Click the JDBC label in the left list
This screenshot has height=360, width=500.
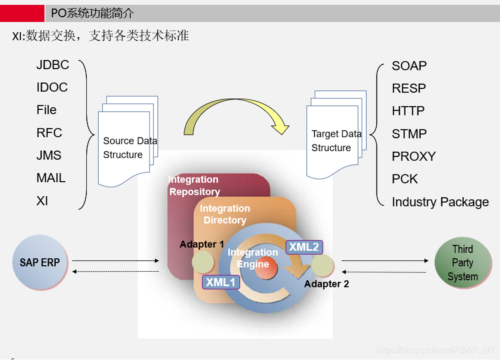[x=53, y=65]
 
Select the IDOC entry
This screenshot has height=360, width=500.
[x=52, y=87]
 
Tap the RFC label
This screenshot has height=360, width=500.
[x=49, y=133]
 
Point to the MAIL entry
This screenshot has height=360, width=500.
[x=51, y=178]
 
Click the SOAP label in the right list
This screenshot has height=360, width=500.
[x=409, y=66]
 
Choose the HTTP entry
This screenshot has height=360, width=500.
[x=408, y=111]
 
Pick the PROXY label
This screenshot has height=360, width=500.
[x=413, y=156]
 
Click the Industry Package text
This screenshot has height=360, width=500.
[x=440, y=202]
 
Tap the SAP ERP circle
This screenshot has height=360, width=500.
[x=40, y=262]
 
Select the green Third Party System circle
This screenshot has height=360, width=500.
[x=462, y=263]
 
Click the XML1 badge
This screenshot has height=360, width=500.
[x=221, y=282]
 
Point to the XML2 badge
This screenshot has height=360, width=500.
[x=304, y=247]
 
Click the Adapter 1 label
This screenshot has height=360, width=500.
[x=202, y=244]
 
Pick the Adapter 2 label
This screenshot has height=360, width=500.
[x=326, y=284]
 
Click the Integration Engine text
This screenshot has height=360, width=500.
[x=253, y=258]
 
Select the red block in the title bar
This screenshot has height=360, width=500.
[x=22, y=13]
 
